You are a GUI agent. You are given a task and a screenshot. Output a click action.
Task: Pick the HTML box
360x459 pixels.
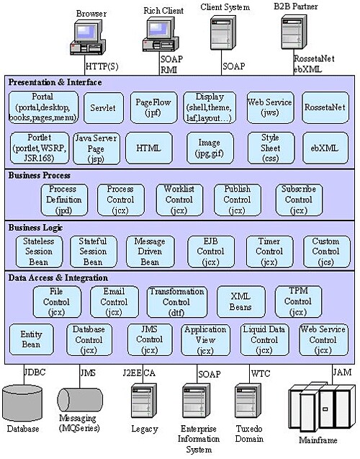pyautogui.click(x=148, y=147)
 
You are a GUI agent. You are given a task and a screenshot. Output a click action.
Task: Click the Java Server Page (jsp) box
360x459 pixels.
pyautogui.click(x=96, y=147)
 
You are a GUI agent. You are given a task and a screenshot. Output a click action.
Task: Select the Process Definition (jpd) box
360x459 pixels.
pyautogui.click(x=63, y=200)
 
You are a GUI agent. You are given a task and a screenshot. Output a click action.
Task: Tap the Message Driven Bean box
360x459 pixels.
pyautogui.click(x=150, y=251)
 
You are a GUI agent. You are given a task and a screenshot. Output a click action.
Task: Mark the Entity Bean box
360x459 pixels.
pyautogui.click(x=31, y=339)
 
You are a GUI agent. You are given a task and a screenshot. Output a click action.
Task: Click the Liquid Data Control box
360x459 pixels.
pyautogui.click(x=264, y=339)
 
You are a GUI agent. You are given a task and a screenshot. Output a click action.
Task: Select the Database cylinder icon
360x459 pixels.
pyautogui.click(x=22, y=404)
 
